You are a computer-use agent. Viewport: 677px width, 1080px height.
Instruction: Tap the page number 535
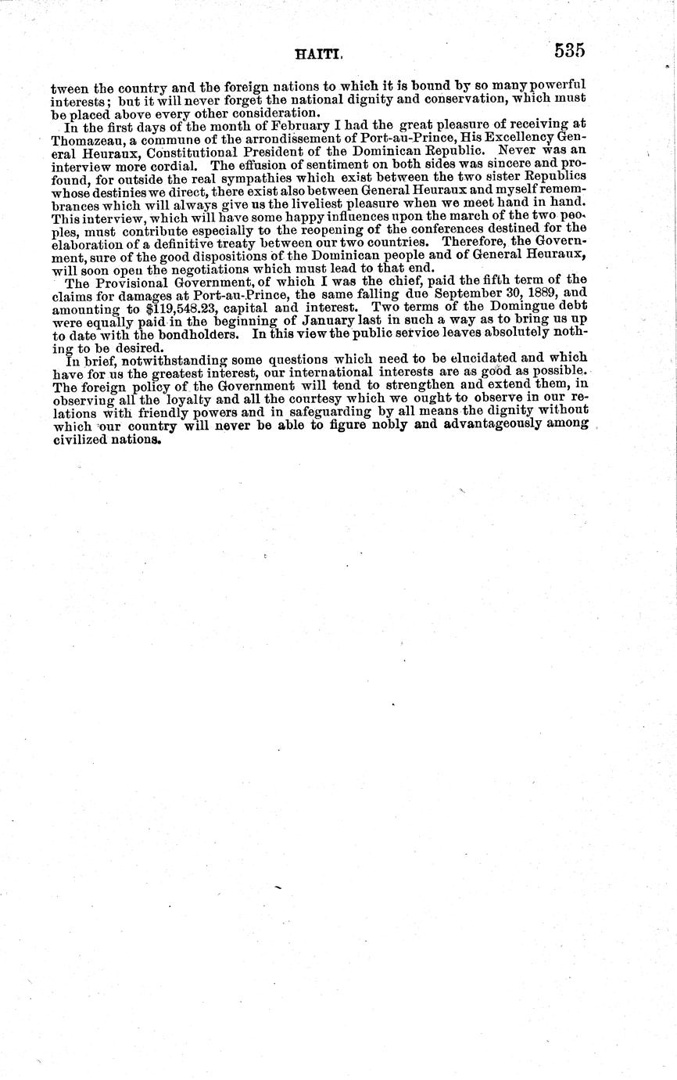pos(570,51)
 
